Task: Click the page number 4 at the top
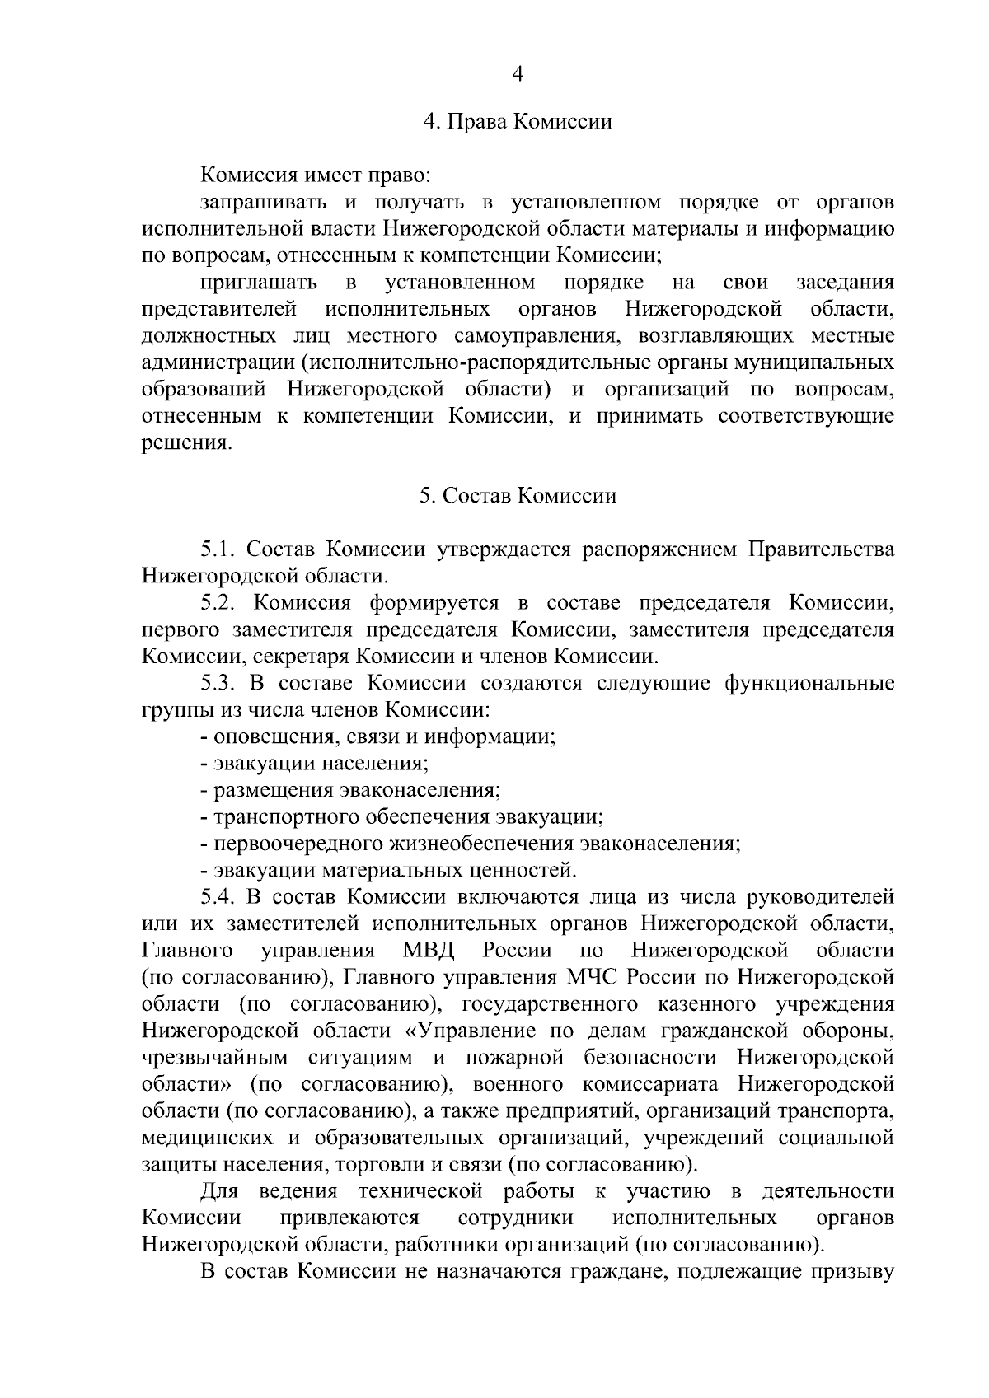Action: pos(518,74)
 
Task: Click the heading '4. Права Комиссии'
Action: pos(518,122)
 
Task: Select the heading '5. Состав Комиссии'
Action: pos(518,496)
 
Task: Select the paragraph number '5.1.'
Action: pos(218,549)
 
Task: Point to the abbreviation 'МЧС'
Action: pos(593,978)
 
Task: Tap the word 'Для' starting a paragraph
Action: pos(219,1191)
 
